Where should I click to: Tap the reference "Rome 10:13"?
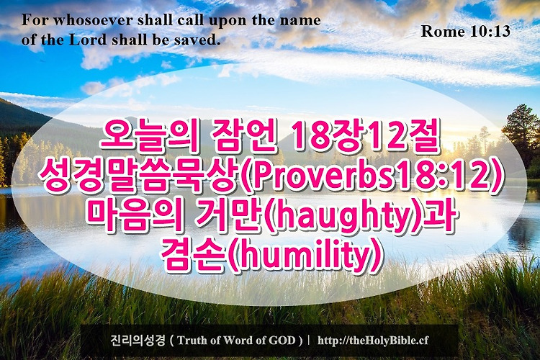coord(465,32)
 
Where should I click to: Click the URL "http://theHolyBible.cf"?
coord(373,341)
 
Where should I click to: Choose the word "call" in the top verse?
coord(190,20)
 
